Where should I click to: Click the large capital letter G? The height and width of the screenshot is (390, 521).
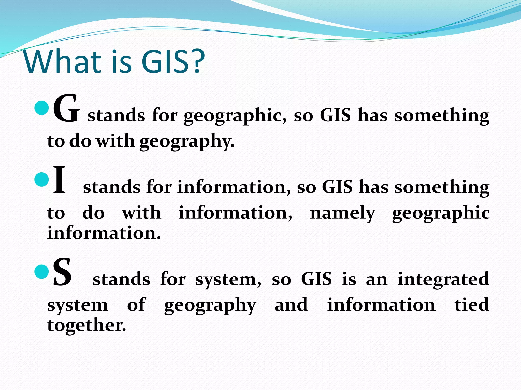tap(66, 109)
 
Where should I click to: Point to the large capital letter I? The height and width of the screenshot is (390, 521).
tap(60, 180)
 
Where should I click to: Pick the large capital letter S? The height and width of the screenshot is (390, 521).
tap(62, 272)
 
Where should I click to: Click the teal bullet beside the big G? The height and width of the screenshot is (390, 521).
tap(41, 107)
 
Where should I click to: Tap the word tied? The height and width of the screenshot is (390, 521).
tap(472, 305)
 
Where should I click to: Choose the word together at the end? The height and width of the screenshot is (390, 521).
tap(86, 326)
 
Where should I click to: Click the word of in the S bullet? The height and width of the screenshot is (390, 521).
tap(136, 305)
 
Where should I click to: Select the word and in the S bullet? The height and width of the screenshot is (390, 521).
tap(291, 305)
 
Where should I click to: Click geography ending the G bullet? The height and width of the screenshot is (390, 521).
tap(187, 142)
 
